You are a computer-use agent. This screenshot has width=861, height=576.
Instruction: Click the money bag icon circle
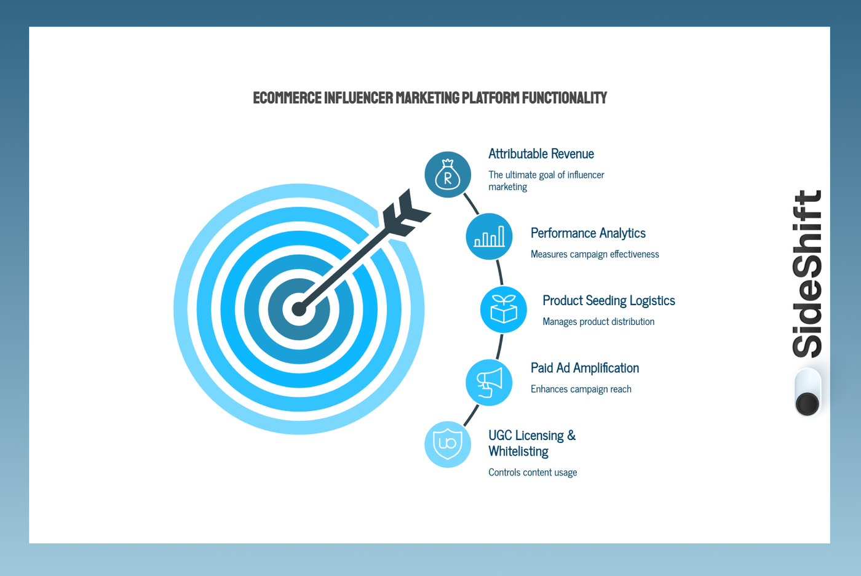coord(448,175)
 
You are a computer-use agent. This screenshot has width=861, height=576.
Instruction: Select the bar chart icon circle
coord(489,236)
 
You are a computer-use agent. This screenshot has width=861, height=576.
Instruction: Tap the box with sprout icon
coord(503,310)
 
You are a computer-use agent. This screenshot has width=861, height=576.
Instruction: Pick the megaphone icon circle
coord(489,383)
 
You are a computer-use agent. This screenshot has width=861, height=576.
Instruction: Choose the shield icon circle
coord(448,444)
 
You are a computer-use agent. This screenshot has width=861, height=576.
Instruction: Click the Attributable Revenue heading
coord(541,154)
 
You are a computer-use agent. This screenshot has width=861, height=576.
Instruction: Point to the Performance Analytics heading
coord(587,233)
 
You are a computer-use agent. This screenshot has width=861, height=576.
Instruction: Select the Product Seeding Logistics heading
coord(608,301)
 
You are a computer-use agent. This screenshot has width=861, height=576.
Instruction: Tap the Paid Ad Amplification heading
coord(584,368)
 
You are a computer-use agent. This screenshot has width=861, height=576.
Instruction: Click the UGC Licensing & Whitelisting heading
coord(531,443)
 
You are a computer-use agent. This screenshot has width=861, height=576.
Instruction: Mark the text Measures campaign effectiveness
coord(594,254)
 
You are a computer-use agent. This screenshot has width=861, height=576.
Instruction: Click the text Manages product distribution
coord(598,322)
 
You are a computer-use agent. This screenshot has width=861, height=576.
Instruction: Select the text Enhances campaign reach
coord(581,389)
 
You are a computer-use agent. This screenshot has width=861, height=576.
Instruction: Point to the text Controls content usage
coord(532,473)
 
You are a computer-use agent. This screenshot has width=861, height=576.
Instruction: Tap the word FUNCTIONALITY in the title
coord(564,98)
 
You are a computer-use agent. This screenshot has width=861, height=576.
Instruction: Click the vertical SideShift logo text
coord(807,274)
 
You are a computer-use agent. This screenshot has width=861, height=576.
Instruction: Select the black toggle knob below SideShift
coord(807,404)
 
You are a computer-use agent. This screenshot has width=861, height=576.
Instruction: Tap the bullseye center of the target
coord(299,309)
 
